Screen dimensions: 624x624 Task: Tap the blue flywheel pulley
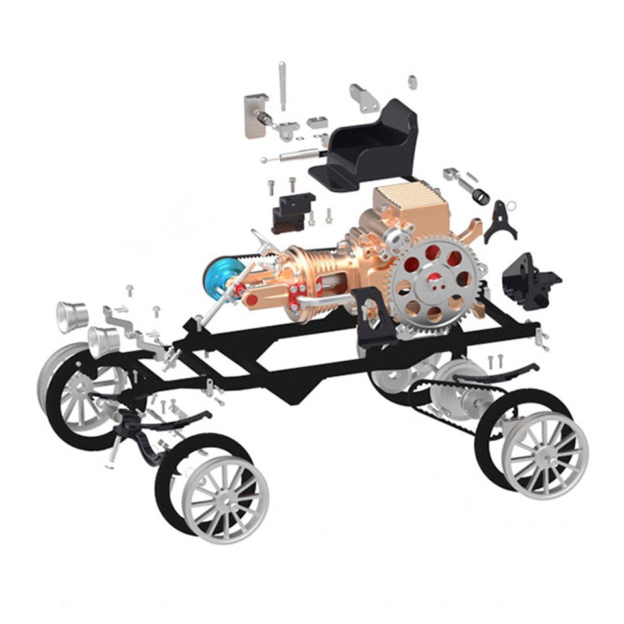coord(218,277)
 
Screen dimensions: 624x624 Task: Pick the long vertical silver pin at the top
coord(282,84)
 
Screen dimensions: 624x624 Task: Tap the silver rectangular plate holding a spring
coord(255,115)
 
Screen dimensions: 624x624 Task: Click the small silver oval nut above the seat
coord(412,83)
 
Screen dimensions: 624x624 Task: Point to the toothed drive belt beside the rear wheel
coord(455,406)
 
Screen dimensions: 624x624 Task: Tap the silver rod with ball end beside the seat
coord(292,156)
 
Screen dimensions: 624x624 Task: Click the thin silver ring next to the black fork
coord(512,206)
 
